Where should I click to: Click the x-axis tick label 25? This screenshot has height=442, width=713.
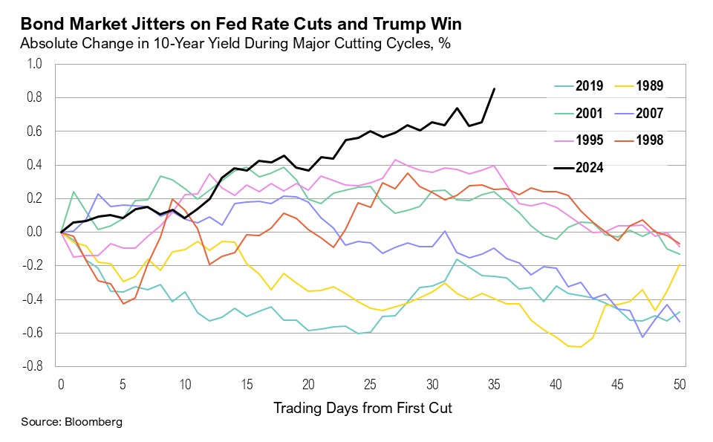pyautogui.click(x=370, y=383)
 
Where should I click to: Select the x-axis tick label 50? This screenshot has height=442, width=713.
pyautogui.click(x=679, y=383)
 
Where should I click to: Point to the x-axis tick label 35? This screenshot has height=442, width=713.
pyautogui.click(x=494, y=383)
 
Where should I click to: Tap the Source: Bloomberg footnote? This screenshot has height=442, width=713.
pyautogui.click(x=71, y=422)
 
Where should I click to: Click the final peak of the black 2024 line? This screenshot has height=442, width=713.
pyautogui.click(x=494, y=89)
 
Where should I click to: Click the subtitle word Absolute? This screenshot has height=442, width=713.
pyautogui.click(x=47, y=43)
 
